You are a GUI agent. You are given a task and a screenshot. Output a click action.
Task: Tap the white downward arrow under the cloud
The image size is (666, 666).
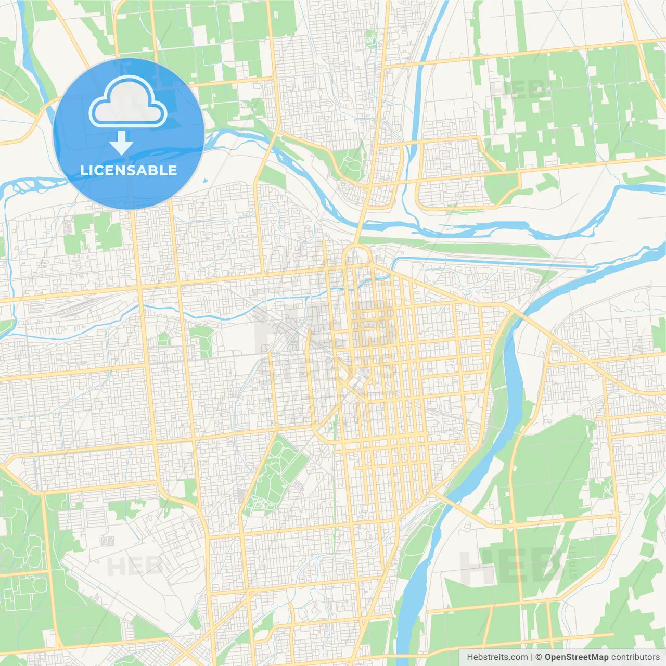pos(122,143)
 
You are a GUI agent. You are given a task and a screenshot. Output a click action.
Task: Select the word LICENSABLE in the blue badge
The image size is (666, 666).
pos(129,170)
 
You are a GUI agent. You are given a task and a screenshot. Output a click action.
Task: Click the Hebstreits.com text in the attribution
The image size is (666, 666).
pos(497,657)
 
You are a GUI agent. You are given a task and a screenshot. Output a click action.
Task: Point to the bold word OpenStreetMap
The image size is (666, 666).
pos(577,657)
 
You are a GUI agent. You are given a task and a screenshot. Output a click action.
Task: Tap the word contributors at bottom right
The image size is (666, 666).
pos(635,657)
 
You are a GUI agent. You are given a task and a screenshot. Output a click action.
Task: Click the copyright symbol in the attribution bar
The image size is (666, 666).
pos(539,657)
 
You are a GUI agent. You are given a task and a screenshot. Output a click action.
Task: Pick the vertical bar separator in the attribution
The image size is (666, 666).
pos(532,657)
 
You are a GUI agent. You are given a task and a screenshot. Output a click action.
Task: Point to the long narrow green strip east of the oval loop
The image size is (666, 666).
pos(458,249)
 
